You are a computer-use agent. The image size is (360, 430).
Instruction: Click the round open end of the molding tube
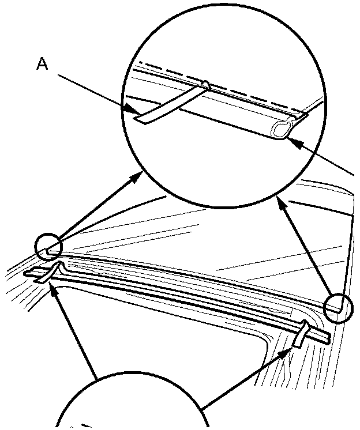[280, 130]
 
